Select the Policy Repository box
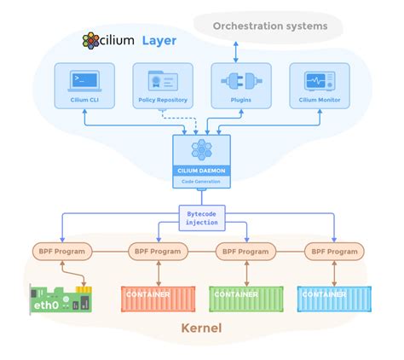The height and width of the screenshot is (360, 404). coord(159,86)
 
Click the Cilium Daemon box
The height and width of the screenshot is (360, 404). coord(202,160)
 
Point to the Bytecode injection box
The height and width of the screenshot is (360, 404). coord(202,217)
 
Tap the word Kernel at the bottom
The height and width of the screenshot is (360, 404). coord(202,328)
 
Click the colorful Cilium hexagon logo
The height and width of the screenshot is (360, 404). coord(93,41)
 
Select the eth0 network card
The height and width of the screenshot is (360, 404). coord(61,298)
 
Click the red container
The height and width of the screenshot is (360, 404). coord(148,298)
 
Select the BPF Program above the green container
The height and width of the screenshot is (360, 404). coord(245,252)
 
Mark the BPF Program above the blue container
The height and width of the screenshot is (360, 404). coord(334,252)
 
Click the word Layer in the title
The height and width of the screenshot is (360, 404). coord(159,41)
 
